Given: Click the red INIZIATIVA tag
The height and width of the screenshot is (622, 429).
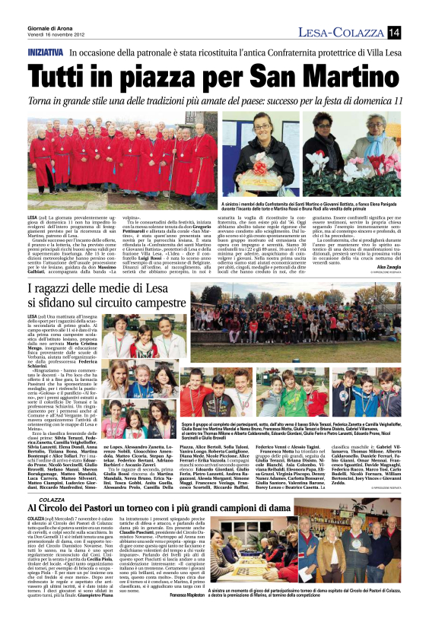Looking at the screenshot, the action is click(44, 54).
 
